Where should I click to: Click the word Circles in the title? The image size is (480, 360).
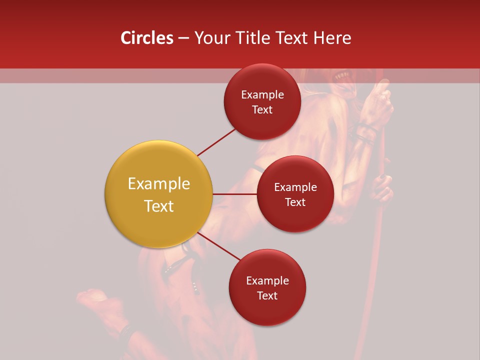click(146, 38)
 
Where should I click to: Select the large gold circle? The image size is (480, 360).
click(159, 194)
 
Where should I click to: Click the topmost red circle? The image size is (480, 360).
click(262, 101)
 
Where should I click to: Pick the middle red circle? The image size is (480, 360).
click(295, 194)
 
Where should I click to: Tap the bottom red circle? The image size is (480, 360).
click(267, 287)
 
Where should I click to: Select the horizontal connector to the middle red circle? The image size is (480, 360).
click(234, 194)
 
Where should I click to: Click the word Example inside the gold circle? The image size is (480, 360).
click(159, 184)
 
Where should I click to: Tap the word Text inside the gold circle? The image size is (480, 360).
click(159, 206)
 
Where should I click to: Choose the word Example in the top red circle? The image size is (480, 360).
click(262, 94)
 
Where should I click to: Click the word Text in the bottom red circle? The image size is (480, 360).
click(267, 295)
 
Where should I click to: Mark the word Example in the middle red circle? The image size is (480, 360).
click(295, 187)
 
